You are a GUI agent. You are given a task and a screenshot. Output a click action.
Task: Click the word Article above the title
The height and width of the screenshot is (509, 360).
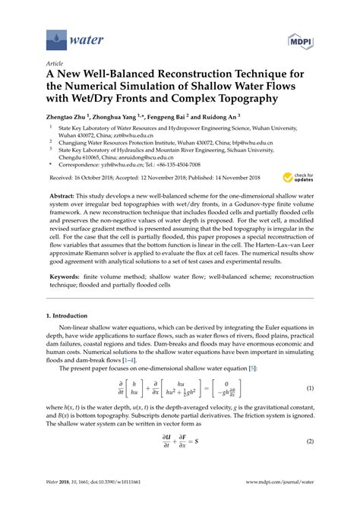point(53,65)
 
